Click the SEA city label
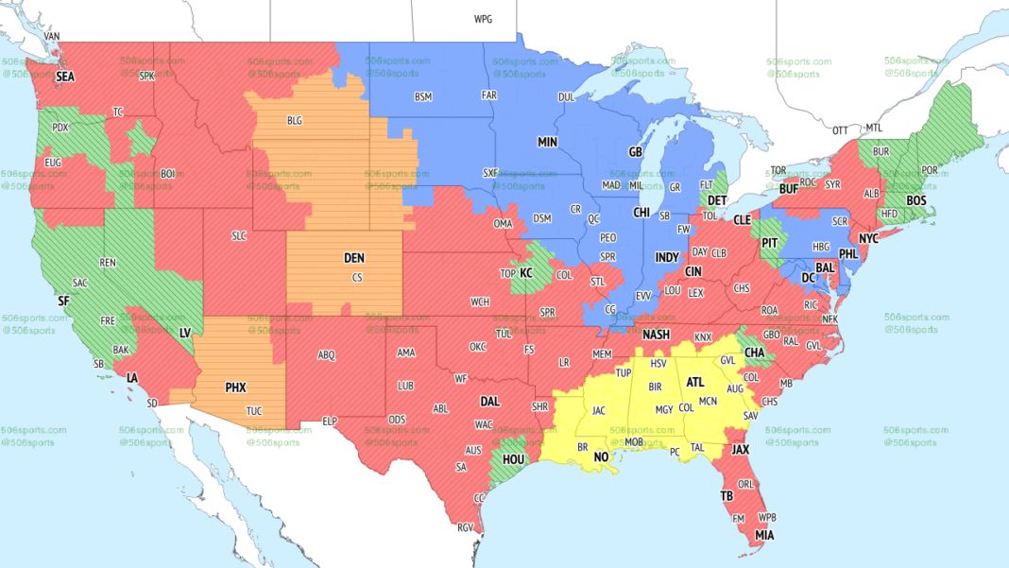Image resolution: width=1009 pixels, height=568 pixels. point(65,76)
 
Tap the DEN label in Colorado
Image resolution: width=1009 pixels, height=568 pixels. point(353,258)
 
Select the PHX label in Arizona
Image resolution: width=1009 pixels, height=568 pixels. point(235,387)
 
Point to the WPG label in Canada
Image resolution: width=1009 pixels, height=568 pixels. point(483,19)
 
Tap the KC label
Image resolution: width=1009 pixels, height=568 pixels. point(526,273)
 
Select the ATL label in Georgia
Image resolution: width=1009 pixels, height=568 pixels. point(695,383)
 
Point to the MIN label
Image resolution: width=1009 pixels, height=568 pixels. point(548,142)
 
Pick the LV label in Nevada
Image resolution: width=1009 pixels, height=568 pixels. point(186,333)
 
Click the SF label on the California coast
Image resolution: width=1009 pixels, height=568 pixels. point(63,301)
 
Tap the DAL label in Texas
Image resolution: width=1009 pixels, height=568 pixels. point(488,402)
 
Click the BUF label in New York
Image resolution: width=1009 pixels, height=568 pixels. point(790,189)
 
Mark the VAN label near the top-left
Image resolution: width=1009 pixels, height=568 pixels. point(52,36)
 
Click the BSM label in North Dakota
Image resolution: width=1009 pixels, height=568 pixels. point(422,96)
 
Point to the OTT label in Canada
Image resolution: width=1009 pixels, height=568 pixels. point(840,129)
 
